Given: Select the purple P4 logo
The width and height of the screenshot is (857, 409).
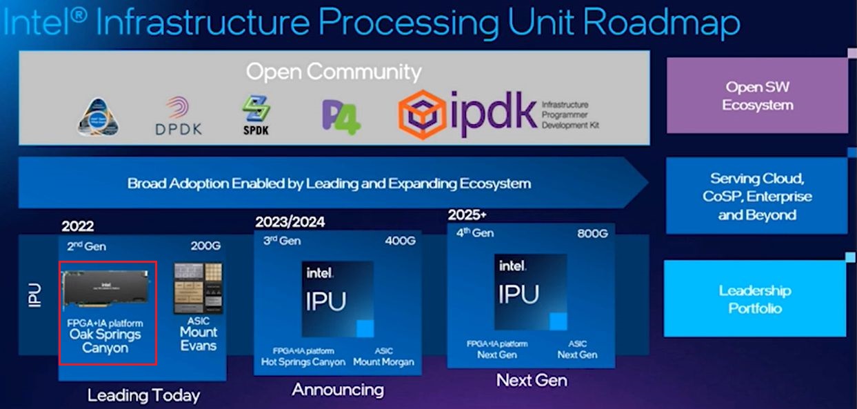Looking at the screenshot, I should click(341, 117).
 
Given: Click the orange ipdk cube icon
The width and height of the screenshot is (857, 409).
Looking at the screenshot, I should click(423, 114).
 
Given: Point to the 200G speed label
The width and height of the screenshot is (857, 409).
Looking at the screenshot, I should click(206, 246).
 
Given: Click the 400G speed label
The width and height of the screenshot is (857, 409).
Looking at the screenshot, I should click(401, 241).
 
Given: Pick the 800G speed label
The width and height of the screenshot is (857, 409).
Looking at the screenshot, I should click(592, 234).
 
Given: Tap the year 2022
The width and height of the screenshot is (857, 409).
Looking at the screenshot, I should click(77, 226).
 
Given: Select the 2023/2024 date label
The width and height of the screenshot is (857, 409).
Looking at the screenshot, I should click(290, 222).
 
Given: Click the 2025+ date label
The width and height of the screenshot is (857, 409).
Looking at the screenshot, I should click(467, 214).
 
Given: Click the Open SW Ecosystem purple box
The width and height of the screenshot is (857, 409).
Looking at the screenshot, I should click(757, 96).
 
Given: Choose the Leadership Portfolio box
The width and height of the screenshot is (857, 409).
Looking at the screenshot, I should click(755, 299).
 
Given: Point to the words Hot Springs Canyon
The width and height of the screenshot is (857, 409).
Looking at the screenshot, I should click(303, 362).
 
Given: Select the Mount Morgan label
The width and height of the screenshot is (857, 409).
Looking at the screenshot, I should click(384, 362).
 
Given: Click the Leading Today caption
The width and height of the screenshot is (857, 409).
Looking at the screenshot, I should click(143, 395).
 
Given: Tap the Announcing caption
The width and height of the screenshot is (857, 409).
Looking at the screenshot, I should click(338, 390).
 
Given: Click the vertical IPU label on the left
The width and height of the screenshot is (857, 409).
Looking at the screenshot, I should click(34, 295).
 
